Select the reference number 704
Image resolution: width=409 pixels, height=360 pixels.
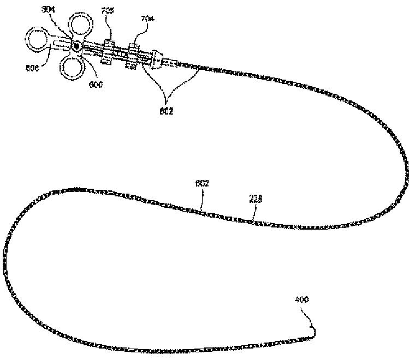[132, 19]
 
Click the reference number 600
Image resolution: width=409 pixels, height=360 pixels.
[97, 85]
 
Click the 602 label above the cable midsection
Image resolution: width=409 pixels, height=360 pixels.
[203, 183]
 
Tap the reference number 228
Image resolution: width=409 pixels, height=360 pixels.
[256, 199]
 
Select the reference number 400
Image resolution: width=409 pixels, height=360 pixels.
[302, 299]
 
